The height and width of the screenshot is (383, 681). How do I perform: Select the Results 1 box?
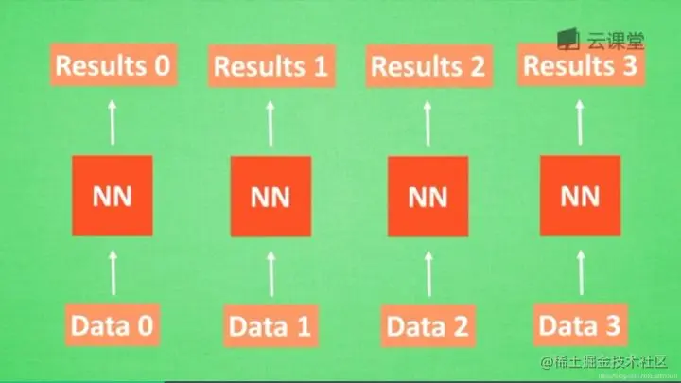pyautogui.click(x=271, y=67)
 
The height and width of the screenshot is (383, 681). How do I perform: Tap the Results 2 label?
pyautogui.click(x=428, y=67)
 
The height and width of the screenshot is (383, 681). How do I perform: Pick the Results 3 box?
pyautogui.click(x=580, y=66)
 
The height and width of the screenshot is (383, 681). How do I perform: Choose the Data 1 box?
pyautogui.click(x=270, y=327)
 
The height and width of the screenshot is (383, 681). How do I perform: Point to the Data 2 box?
pyautogui.click(x=428, y=327)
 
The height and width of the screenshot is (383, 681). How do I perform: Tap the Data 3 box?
pyautogui.click(x=580, y=326)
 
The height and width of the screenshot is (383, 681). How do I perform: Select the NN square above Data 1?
pyautogui.click(x=271, y=197)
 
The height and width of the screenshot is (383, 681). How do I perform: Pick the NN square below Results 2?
pyautogui.click(x=428, y=197)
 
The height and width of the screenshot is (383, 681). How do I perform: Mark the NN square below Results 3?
pyautogui.click(x=580, y=197)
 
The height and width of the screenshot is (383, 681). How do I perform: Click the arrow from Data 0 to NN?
pyautogui.click(x=113, y=271)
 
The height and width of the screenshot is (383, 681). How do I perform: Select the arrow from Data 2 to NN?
pyautogui.click(x=428, y=272)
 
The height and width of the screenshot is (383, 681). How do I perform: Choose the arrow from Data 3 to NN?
pyautogui.click(x=580, y=271)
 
